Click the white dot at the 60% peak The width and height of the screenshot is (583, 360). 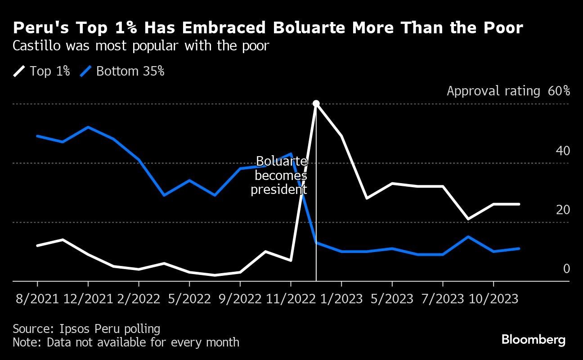[x=316, y=103]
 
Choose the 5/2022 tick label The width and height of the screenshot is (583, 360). [x=189, y=299]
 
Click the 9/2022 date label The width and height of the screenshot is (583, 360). [x=240, y=299]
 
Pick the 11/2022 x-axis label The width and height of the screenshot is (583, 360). [x=291, y=299]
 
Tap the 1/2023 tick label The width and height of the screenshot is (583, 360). [x=341, y=299]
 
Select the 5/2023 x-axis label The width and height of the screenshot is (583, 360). [x=392, y=299]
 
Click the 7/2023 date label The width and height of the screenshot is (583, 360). [x=443, y=299]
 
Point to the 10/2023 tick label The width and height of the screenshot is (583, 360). [x=493, y=299]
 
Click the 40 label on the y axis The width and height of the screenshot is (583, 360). [x=563, y=151]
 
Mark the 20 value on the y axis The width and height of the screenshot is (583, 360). [x=563, y=210]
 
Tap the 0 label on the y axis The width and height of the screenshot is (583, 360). [x=566, y=269]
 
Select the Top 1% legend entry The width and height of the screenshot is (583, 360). [x=42, y=71]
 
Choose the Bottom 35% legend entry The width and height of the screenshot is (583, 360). [x=122, y=71]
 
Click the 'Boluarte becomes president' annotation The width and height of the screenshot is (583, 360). [x=279, y=175]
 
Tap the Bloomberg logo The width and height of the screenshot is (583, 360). [x=534, y=340]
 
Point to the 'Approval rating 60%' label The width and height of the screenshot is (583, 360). [x=508, y=91]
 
